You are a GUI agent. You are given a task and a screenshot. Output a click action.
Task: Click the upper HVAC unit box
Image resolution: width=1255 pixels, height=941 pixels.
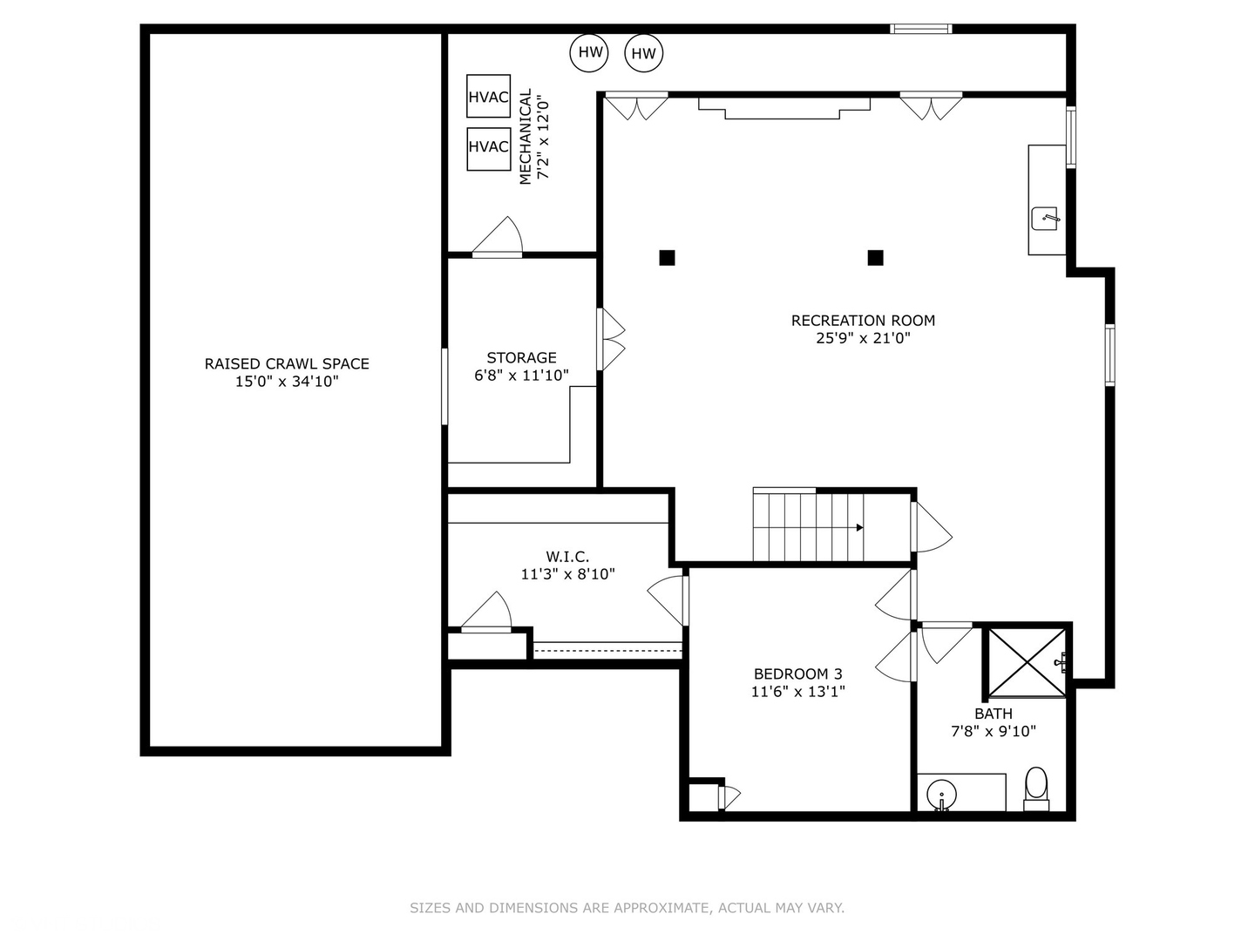click(488, 96)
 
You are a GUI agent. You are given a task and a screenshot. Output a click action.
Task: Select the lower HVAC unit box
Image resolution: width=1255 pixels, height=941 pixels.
click(488, 149)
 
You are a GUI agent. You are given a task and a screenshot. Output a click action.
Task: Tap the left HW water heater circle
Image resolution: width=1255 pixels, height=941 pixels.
click(589, 52)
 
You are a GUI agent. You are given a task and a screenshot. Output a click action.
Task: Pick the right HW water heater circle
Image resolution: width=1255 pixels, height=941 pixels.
click(643, 53)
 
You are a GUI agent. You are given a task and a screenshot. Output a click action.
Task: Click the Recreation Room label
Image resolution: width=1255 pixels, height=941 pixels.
click(863, 321)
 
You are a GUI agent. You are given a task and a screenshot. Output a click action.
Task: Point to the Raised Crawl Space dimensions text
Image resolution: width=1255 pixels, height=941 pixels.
click(287, 382)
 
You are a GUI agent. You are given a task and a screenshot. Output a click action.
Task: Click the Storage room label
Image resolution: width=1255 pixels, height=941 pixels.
click(521, 357)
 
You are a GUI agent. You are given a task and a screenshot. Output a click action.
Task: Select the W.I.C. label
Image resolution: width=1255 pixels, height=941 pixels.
click(567, 557)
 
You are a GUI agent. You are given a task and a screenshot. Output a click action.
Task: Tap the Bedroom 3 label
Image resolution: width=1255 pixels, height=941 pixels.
click(797, 674)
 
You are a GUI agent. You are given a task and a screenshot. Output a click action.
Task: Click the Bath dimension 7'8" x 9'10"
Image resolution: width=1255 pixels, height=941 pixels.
click(994, 731)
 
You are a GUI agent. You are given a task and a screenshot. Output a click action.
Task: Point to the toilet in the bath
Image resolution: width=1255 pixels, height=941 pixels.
click(1036, 789)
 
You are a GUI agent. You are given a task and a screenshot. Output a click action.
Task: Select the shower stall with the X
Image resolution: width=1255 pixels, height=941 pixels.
click(1027, 663)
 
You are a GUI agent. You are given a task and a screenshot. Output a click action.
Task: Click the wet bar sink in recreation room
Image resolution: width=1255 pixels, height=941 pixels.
click(1045, 219)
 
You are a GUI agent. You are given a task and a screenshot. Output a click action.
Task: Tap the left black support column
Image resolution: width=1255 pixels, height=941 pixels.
click(667, 258)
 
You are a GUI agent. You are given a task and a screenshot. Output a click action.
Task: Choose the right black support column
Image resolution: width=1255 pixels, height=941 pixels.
click(875, 258)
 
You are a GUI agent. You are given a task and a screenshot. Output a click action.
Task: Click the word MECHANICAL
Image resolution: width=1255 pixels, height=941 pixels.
click(525, 137)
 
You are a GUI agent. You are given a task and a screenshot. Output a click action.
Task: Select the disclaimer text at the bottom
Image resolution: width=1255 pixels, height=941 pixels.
click(627, 908)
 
